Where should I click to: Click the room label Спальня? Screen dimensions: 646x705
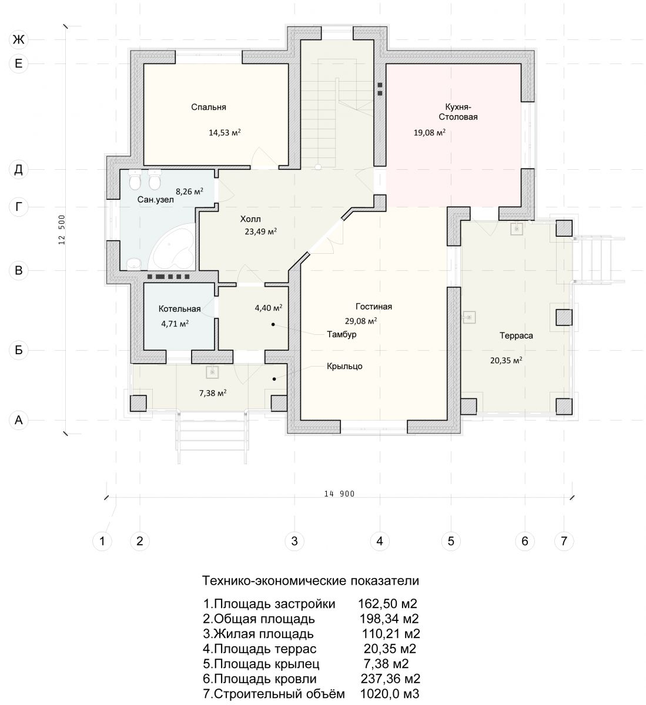[x=209, y=107]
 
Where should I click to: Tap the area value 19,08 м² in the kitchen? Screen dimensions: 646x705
[x=429, y=133]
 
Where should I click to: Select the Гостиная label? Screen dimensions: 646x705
[x=373, y=307]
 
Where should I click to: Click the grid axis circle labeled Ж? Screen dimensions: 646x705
[x=18, y=40]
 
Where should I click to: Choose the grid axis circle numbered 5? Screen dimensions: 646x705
[x=451, y=541]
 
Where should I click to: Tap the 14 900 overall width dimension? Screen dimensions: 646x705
[x=339, y=493]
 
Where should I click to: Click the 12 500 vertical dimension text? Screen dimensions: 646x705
[x=62, y=230]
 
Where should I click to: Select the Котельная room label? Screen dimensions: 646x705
[x=179, y=309]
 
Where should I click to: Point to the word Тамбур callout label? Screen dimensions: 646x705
[x=342, y=334]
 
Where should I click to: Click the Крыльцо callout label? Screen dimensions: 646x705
[x=344, y=366]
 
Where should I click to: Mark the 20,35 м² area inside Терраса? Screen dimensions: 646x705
[x=506, y=360]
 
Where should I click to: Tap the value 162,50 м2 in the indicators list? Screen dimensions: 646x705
[x=387, y=604]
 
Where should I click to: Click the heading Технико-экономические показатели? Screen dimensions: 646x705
[x=310, y=580]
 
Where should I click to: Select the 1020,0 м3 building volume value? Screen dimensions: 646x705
[x=390, y=694]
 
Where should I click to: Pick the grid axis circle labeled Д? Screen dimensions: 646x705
[x=18, y=170]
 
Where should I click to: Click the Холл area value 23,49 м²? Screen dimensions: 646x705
[x=260, y=231]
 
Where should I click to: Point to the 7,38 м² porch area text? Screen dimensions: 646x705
[x=212, y=393]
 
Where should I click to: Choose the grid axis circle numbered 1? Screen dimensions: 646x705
[x=102, y=541]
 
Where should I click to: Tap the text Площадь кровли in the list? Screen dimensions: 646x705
[x=266, y=679]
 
